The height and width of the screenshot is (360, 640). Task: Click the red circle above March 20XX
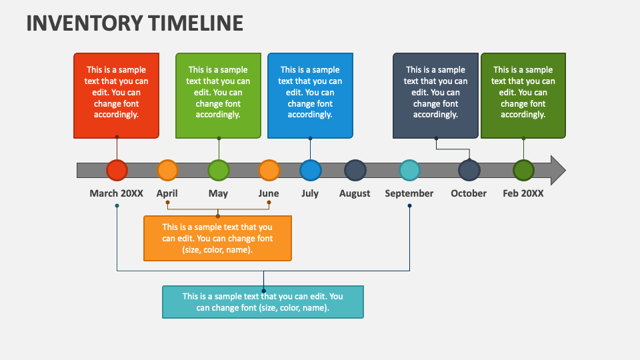[117, 170]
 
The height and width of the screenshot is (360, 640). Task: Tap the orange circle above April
[168, 170]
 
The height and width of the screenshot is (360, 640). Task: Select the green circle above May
[218, 170]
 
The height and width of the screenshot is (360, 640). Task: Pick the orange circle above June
[269, 170]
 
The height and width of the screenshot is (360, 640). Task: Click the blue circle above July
[310, 170]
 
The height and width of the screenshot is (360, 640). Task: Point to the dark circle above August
[355, 170]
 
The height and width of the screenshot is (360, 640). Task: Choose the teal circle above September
[409, 170]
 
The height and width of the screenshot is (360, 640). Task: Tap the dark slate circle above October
[469, 170]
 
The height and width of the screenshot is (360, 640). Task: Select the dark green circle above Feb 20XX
[523, 170]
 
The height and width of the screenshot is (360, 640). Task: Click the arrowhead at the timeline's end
[557, 170]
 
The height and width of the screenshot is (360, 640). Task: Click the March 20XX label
[117, 193]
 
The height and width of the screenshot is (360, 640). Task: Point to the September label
[409, 193]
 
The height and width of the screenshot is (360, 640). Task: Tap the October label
[469, 193]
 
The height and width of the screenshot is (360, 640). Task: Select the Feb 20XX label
[523, 193]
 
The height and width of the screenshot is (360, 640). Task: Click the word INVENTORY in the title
[83, 23]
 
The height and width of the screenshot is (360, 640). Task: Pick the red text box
[117, 95]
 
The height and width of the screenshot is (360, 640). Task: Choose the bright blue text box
[310, 95]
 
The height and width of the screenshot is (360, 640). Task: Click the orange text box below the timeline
[217, 238]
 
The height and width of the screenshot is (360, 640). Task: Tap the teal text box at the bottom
[263, 302]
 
